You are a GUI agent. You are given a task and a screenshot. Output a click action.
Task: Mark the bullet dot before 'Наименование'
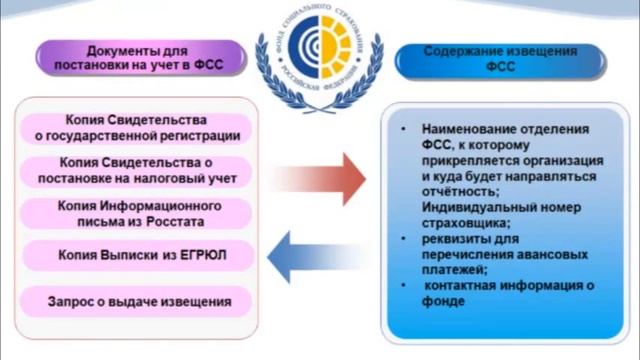pyautogui.click(x=401, y=130)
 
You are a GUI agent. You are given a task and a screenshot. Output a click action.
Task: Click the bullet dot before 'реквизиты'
pyautogui.click(x=401, y=239)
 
